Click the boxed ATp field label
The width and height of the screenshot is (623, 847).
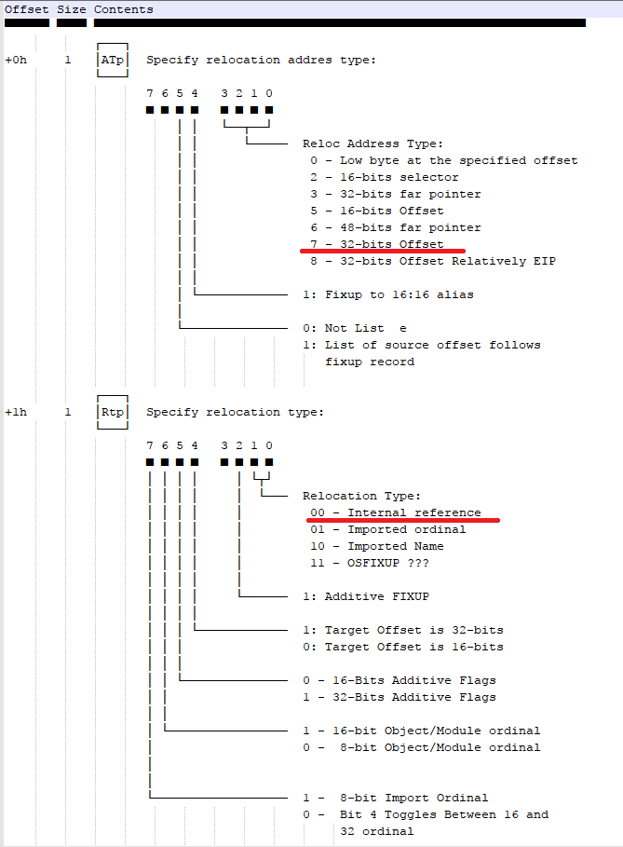[x=112, y=60]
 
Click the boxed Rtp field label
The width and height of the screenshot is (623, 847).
[x=112, y=412]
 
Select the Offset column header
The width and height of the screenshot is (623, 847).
[x=26, y=9]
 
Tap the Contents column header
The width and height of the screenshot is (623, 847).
[x=123, y=9]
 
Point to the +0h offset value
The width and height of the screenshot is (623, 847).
[x=17, y=60]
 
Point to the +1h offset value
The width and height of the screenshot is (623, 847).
[x=17, y=412]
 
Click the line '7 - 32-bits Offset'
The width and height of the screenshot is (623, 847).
[x=377, y=244]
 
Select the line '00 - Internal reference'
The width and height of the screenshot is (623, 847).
[x=396, y=512]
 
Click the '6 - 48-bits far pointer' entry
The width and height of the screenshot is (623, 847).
[x=396, y=227]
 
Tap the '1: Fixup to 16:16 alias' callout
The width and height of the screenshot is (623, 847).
[x=388, y=294]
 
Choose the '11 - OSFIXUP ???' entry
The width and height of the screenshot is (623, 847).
[x=370, y=563]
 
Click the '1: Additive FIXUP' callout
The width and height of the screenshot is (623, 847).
[x=366, y=596]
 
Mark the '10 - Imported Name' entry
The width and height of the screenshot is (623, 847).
[x=377, y=546]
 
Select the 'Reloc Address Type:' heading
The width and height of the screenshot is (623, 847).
[x=373, y=143]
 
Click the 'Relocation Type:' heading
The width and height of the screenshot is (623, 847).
[x=362, y=496]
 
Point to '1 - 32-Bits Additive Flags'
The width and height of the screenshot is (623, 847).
[x=400, y=697]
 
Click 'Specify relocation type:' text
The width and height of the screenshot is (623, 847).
[x=236, y=412]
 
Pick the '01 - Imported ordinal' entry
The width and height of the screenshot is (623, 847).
[x=388, y=529]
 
